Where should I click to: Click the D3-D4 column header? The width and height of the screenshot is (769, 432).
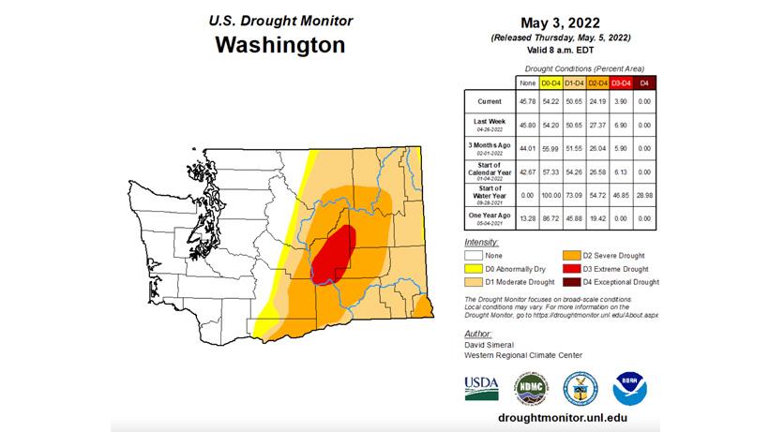pos(621,83)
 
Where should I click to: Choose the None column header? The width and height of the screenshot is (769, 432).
pos(528,83)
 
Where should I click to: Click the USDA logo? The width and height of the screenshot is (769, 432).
pos(482,388)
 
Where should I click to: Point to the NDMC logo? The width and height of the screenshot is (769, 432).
pos(530,388)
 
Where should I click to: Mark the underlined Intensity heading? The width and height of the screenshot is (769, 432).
pos(481,242)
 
